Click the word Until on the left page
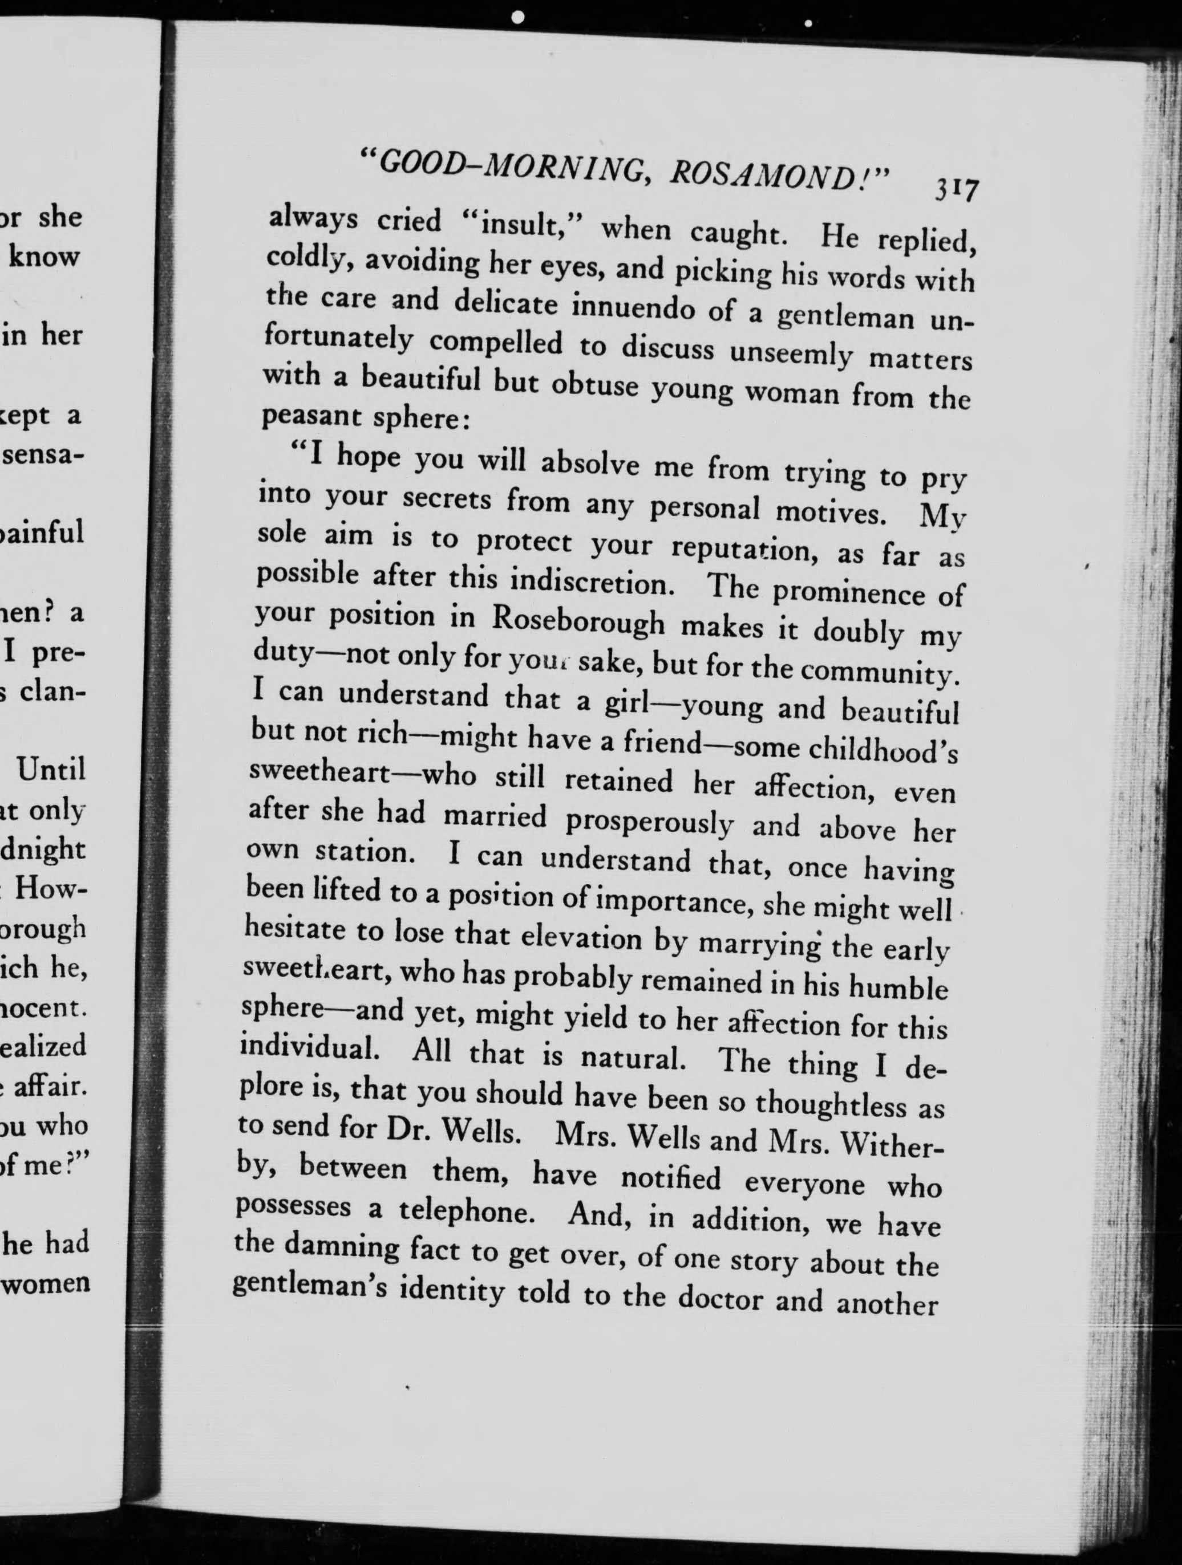[51, 770]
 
